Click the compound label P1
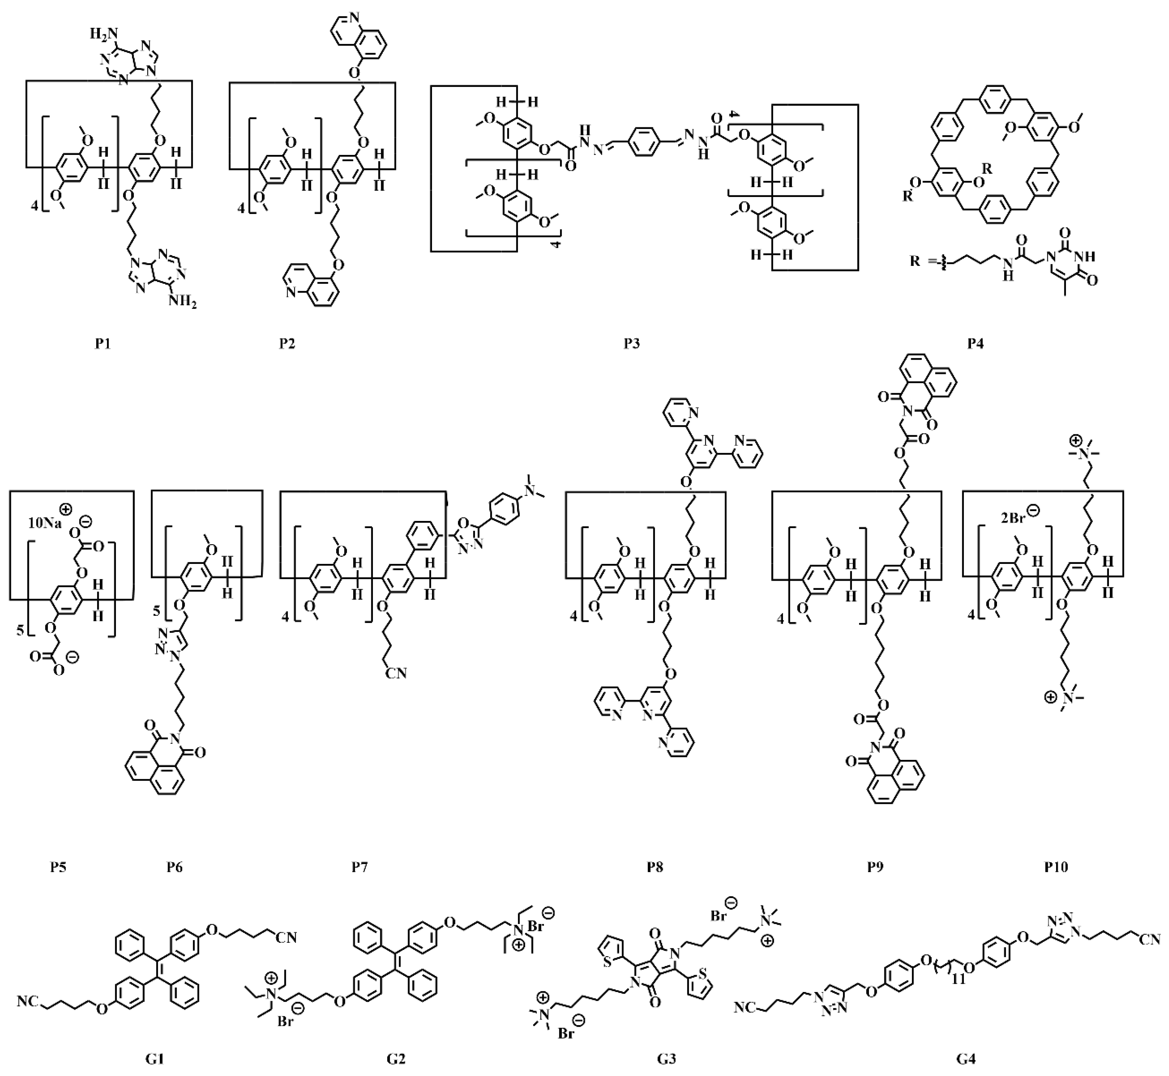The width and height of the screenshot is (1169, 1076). tap(103, 344)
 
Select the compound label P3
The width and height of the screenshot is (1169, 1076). tap(632, 344)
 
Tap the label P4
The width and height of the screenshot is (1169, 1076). tap(976, 344)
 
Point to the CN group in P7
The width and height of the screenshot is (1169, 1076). tap(395, 673)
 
